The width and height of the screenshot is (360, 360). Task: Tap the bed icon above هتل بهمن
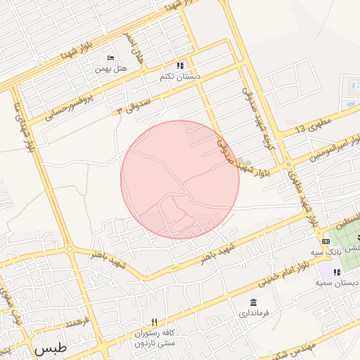(x=110, y=58)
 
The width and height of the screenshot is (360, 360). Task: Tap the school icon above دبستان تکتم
(x=181, y=65)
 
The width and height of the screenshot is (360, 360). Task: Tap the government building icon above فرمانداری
(x=252, y=302)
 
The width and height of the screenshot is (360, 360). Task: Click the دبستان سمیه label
(x=333, y=283)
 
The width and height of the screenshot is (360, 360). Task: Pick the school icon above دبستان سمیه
(x=337, y=272)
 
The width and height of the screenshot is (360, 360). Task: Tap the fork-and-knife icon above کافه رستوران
(x=155, y=322)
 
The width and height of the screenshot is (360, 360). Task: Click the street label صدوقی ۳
(x=134, y=105)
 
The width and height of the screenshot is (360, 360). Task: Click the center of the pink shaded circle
(x=180, y=179)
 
